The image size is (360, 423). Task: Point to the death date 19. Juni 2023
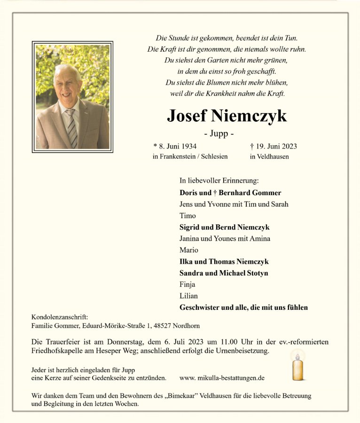pyautogui.click(x=276, y=146)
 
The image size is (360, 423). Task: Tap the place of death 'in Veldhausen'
pyautogui.click(x=269, y=157)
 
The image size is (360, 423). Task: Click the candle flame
pyautogui.click(x=297, y=356)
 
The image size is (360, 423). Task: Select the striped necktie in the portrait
pyautogui.click(x=71, y=127)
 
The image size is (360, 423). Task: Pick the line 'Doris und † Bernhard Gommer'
pyautogui.click(x=230, y=193)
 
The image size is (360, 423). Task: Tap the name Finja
pyautogui.click(x=188, y=284)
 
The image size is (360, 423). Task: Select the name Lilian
pyautogui.click(x=188, y=296)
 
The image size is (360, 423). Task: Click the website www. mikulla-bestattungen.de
pyautogui.click(x=222, y=378)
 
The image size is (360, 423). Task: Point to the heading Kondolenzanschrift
pyautogui.click(x=60, y=317)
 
